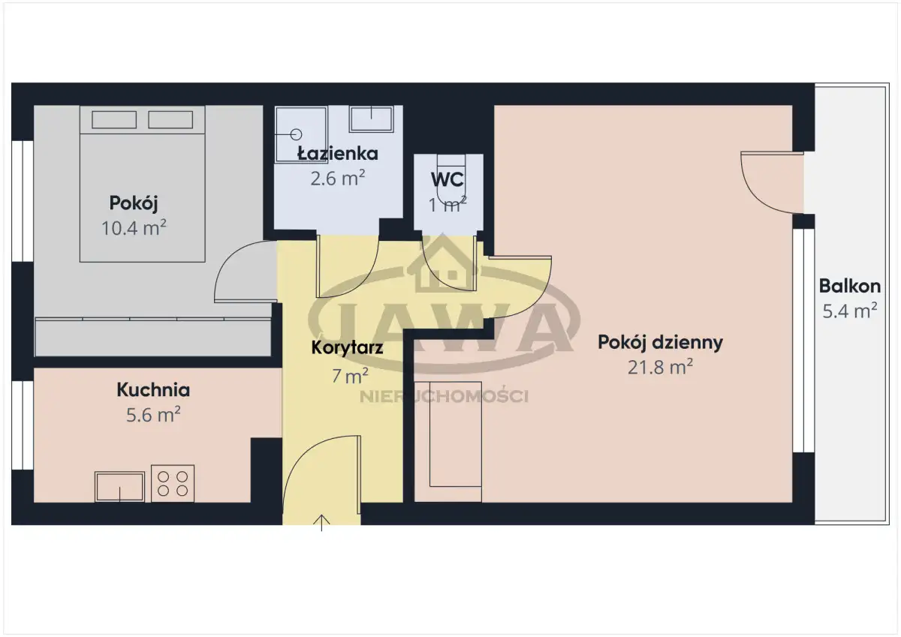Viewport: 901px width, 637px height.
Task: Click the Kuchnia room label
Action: [x=153, y=390]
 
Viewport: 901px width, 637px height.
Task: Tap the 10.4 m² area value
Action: [x=134, y=228]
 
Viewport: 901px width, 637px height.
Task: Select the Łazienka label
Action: [x=338, y=153]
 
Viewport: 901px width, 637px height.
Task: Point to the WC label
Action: [x=447, y=179]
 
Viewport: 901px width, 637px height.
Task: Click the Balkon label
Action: [x=850, y=286]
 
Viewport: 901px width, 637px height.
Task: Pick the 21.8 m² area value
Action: [x=660, y=367]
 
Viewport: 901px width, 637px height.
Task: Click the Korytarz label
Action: [x=347, y=347]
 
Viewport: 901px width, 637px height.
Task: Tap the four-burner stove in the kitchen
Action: [x=173, y=483]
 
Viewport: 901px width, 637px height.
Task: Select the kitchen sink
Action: [x=119, y=487]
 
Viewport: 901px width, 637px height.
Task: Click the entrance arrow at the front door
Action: [x=321, y=523]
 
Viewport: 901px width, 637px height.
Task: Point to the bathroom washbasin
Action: [x=371, y=119]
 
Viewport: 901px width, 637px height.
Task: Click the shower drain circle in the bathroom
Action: [x=296, y=134]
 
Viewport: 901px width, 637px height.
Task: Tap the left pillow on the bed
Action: [x=114, y=120]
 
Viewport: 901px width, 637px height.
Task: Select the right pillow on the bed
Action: [x=170, y=120]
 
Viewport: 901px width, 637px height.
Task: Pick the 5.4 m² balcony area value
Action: [x=850, y=311]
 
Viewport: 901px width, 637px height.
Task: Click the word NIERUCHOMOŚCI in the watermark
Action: [x=444, y=397]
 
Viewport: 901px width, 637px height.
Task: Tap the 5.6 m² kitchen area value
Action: [x=153, y=415]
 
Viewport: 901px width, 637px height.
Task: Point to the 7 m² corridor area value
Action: [x=350, y=376]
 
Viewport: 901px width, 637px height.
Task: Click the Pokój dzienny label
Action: [x=660, y=342]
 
